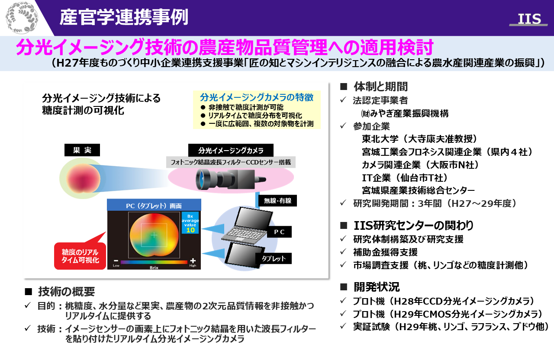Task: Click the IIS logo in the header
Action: pyautogui.click(x=529, y=19)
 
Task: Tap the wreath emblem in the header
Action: pyautogui.click(x=22, y=18)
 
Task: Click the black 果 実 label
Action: pyautogui.click(x=82, y=150)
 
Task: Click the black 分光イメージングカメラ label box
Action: pyautogui.click(x=231, y=150)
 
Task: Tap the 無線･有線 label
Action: pyautogui.click(x=277, y=200)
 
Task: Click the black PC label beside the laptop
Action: pyautogui.click(x=279, y=232)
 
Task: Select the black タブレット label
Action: pyautogui.click(x=274, y=258)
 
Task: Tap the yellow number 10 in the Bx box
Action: pyautogui.click(x=190, y=230)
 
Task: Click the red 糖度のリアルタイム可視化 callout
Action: pyautogui.click(x=80, y=255)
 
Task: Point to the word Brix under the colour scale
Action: pyautogui.click(x=154, y=267)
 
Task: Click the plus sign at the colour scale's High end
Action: pyautogui.click(x=193, y=260)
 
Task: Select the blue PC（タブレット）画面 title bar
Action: pyautogui.click(x=154, y=205)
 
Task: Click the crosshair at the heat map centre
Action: pyautogui.click(x=154, y=235)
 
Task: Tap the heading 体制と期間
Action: pyautogui.click(x=380, y=87)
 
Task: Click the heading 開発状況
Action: pyautogui.click(x=377, y=287)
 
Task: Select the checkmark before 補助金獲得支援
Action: pyautogui.click(x=343, y=252)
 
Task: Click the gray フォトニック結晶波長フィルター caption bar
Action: pyautogui.click(x=231, y=162)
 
